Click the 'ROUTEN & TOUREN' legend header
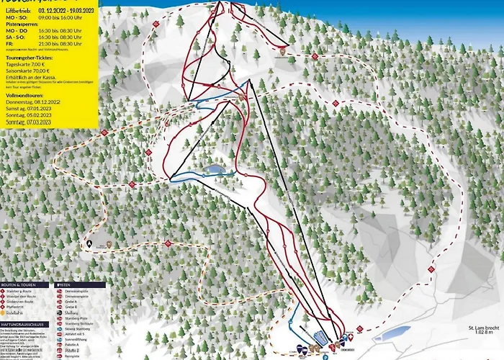[x=28, y=284]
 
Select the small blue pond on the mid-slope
[x=214, y=170]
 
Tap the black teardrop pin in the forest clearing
[x=89, y=244]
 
